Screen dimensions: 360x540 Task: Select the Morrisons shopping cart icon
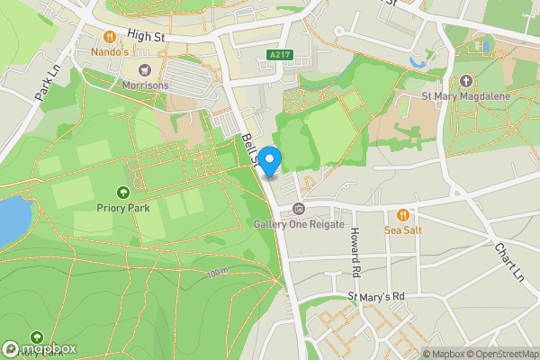[x=143, y=70]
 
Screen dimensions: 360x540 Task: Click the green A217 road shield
[x=280, y=56]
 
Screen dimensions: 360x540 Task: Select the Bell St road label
[x=250, y=148]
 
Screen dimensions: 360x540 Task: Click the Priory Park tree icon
[x=123, y=192]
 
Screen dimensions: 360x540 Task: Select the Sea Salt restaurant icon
[x=402, y=215]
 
